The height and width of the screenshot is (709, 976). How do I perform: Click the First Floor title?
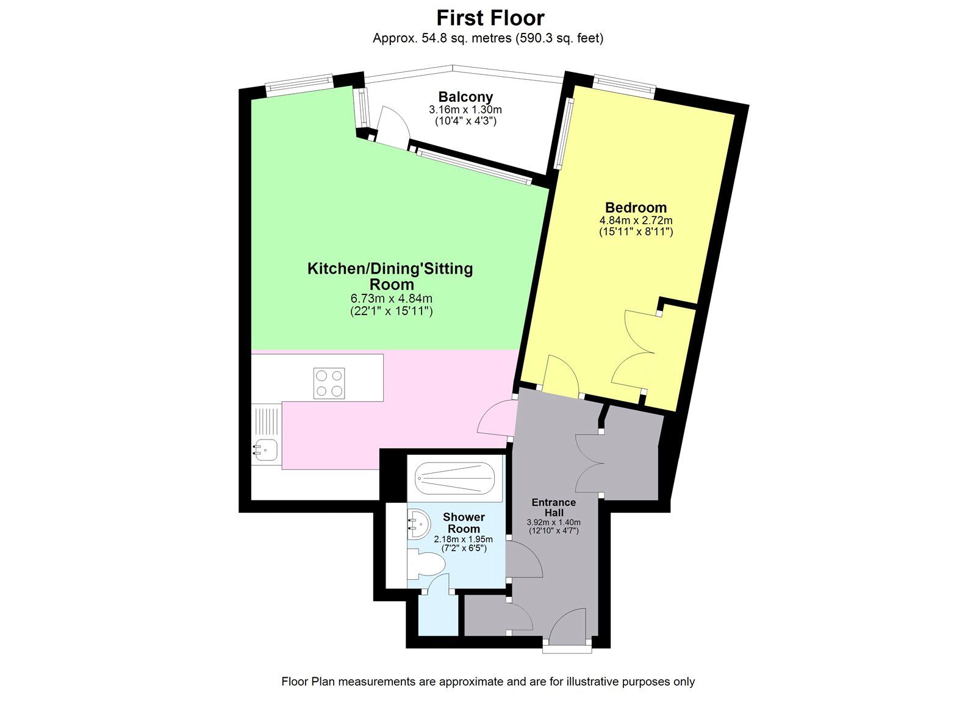click(x=490, y=17)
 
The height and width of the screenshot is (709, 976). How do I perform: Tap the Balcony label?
click(x=465, y=96)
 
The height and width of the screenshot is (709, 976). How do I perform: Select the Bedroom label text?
click(x=636, y=207)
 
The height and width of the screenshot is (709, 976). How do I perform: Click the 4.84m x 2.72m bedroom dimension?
click(x=636, y=220)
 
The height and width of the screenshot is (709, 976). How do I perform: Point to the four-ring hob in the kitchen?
click(x=329, y=383)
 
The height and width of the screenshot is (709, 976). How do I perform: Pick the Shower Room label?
click(x=464, y=522)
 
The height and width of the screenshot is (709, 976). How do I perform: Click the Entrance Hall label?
click(x=553, y=507)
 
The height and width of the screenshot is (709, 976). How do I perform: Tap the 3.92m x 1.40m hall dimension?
click(x=553, y=522)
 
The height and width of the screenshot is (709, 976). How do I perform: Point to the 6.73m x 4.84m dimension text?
click(x=391, y=299)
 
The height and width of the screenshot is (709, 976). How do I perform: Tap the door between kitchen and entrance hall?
click(x=495, y=417)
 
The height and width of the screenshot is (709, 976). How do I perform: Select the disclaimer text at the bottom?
click(x=487, y=682)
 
